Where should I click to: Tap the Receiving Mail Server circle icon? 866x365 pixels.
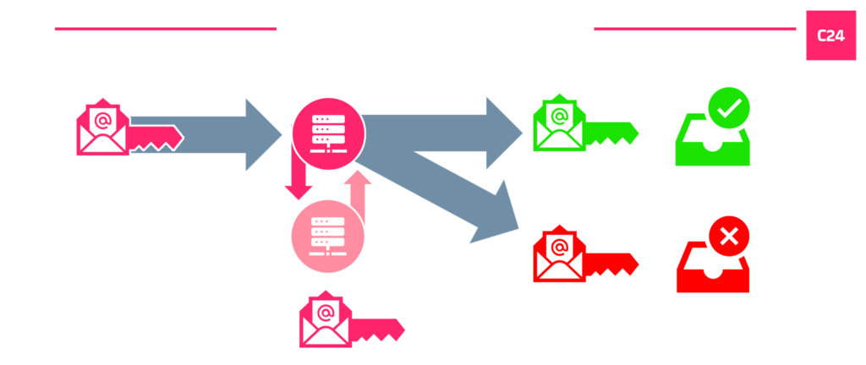pyautogui.click(x=328, y=132)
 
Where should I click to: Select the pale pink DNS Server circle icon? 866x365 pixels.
pyautogui.click(x=328, y=237)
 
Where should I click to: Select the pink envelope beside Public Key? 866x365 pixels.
pyautogui.click(x=324, y=321)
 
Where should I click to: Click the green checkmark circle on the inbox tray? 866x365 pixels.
pyautogui.click(x=729, y=108)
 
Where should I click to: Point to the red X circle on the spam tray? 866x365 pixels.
pyautogui.click(x=729, y=238)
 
